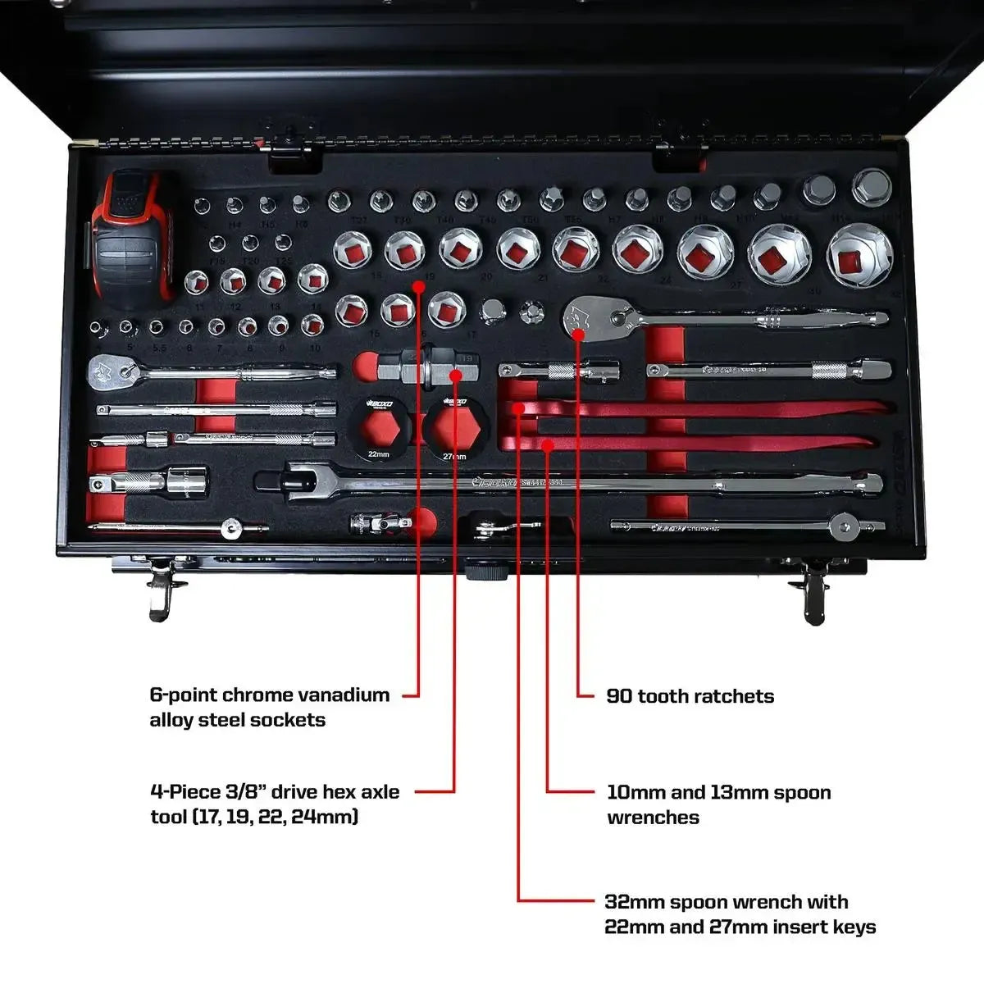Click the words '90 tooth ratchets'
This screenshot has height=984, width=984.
click(x=690, y=696)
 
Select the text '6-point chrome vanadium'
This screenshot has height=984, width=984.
click(x=269, y=695)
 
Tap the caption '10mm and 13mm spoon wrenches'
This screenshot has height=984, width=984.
click(x=718, y=804)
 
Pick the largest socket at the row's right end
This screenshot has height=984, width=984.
click(x=858, y=257)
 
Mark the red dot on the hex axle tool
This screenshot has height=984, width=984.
click(x=454, y=375)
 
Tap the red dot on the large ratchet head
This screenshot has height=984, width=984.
click(x=579, y=333)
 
